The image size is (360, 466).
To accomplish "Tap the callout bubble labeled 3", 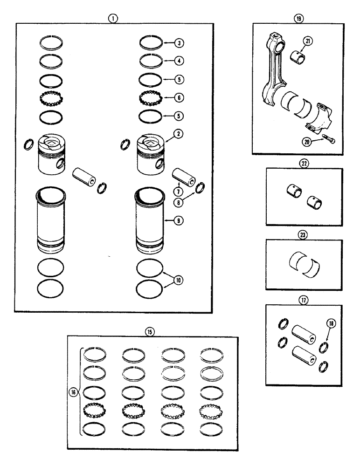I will (179, 43).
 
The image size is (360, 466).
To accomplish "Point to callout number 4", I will (179, 61).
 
